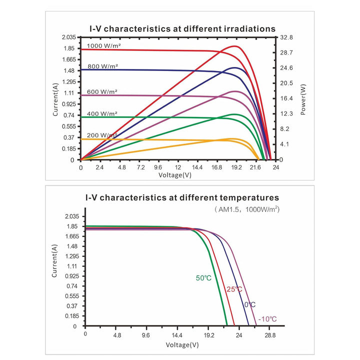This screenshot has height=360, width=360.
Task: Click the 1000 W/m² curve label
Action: [104, 45]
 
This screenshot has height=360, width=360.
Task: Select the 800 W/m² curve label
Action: [103, 66]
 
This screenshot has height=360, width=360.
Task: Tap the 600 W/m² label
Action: [102, 92]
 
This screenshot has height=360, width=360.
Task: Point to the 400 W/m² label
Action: [102, 113]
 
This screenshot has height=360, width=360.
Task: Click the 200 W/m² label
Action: [102, 135]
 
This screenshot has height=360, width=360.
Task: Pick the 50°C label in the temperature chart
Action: [203, 278]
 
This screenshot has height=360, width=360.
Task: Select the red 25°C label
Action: [234, 289]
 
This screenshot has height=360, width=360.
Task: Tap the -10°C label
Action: [267, 319]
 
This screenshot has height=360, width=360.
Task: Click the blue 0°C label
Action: [250, 304]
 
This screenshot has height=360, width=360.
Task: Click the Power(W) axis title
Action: [303, 99]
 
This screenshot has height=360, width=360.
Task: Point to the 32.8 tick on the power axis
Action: [286, 37]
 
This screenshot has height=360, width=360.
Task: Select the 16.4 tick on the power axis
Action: [286, 98]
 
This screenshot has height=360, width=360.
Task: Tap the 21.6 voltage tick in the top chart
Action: [255, 167]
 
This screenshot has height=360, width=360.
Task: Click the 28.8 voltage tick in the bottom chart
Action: [270, 335]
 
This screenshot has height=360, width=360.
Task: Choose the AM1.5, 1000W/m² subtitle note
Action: [247, 209]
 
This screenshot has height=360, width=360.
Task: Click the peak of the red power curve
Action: [234, 46]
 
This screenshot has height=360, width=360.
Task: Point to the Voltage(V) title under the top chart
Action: [175, 175]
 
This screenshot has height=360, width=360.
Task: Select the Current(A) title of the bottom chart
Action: [54, 261]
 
